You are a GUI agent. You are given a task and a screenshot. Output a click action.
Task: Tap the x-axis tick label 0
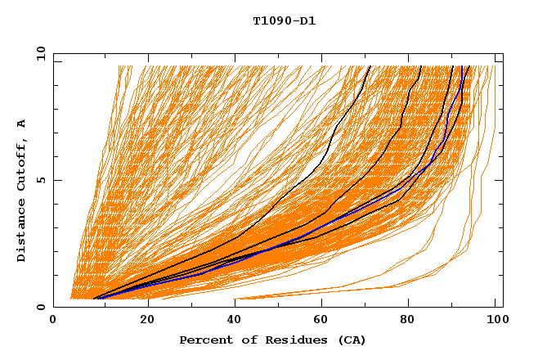[53, 321]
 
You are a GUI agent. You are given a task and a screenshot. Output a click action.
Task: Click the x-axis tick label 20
[147, 321]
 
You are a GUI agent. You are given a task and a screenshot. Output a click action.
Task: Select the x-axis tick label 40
[235, 321]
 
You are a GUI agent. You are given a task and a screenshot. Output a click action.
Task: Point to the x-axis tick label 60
[325, 321]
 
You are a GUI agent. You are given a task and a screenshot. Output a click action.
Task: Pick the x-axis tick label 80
[413, 321]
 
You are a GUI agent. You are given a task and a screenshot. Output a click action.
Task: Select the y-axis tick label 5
[42, 180]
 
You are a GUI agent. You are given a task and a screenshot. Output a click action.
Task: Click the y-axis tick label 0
[42, 307]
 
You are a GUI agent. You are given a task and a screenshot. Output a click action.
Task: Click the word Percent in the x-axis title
[203, 340]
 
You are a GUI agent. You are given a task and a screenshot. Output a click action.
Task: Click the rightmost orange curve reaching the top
[494, 82]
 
